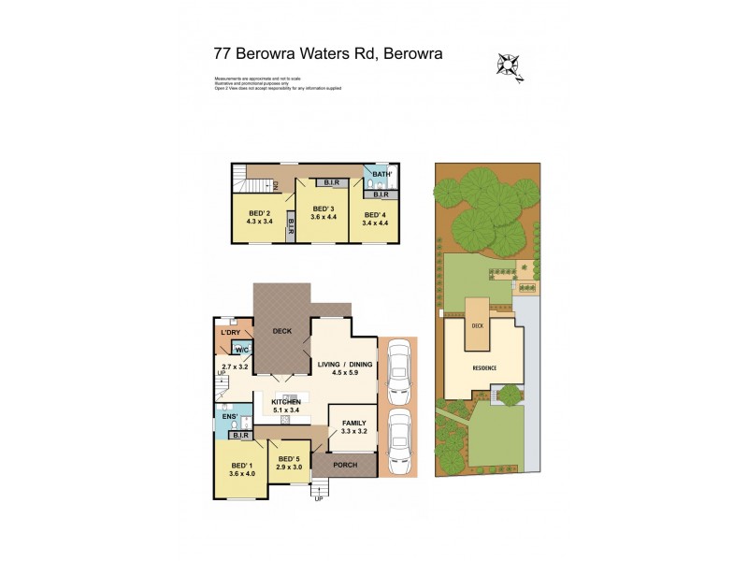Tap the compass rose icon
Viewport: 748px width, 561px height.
[x=509, y=65]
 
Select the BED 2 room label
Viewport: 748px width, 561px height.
[x=258, y=213]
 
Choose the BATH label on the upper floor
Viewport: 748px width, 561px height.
[x=381, y=175]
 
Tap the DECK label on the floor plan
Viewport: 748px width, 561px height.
[x=282, y=331]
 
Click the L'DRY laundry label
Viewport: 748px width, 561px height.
[x=231, y=332]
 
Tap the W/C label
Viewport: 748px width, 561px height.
[x=241, y=351]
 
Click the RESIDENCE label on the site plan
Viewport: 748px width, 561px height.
[x=482, y=367]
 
